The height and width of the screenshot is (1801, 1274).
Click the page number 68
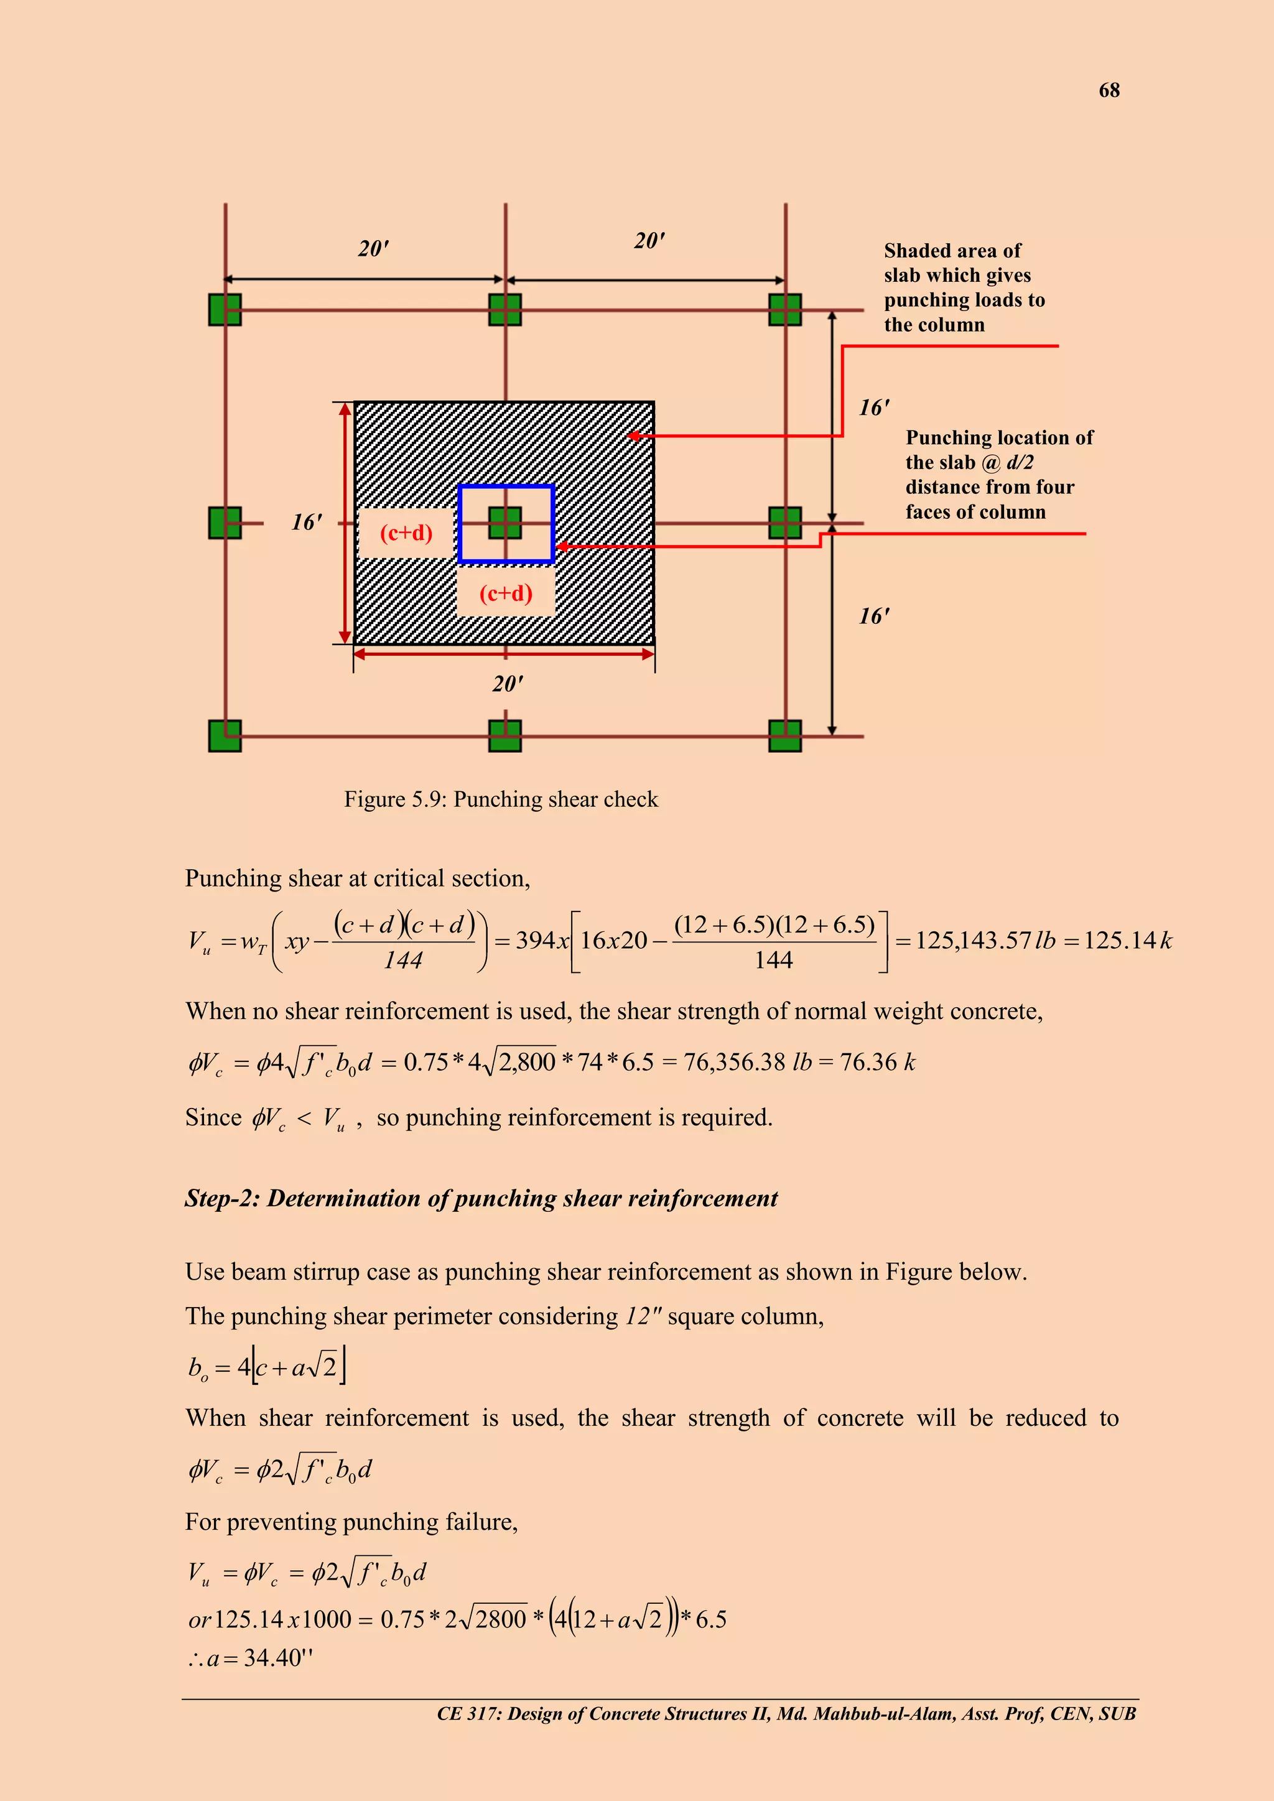point(1109,90)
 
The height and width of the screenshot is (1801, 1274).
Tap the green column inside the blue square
point(504,523)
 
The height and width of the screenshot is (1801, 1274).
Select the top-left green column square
point(225,309)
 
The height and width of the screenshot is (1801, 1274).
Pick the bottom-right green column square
point(784,736)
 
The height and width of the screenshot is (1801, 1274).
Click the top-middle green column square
point(504,309)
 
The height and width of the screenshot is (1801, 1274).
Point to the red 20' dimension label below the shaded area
point(508,684)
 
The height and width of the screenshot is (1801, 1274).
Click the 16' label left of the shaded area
point(307,523)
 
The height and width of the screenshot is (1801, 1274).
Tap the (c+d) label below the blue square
point(506,593)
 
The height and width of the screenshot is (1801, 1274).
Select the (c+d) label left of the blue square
point(406,533)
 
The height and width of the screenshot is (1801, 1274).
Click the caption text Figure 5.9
point(501,799)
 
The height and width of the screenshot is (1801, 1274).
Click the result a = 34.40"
point(251,1657)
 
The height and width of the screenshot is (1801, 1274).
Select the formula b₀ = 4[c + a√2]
point(267,1368)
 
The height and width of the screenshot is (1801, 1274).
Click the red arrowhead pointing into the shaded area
point(634,435)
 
